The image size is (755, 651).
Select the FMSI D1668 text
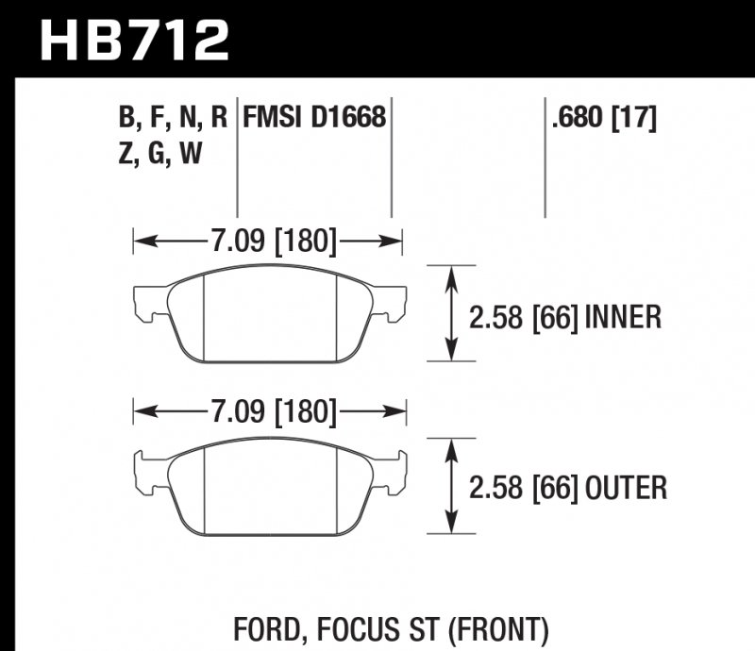coord(314,118)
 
